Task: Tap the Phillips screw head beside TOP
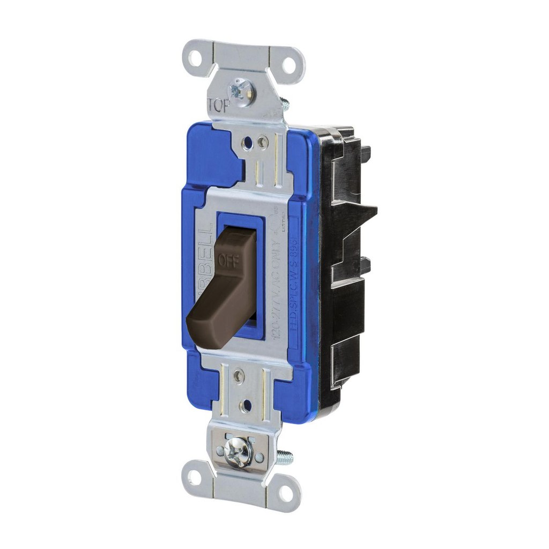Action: [x=240, y=92]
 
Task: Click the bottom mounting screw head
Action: [x=239, y=453]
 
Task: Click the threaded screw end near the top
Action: [x=284, y=103]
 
